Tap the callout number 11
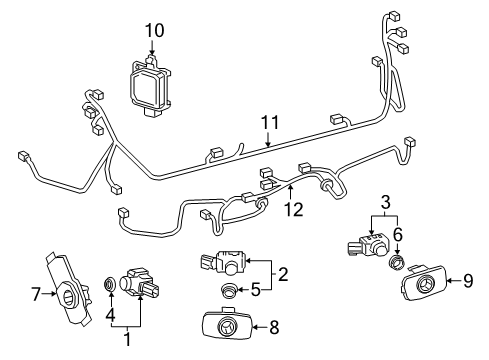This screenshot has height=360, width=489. tap(268, 124)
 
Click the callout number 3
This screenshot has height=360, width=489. tap(385, 205)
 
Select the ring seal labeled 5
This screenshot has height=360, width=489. tap(229, 291)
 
